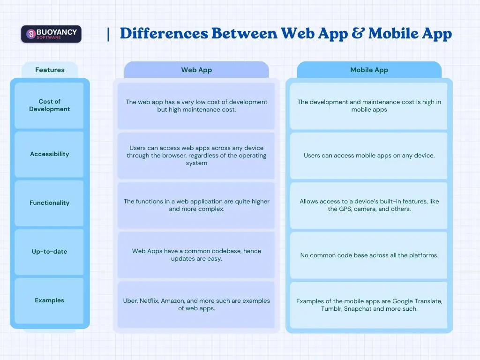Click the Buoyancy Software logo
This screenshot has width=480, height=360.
[51, 34]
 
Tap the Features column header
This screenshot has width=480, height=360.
[50, 70]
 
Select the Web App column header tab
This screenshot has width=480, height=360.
[196, 70]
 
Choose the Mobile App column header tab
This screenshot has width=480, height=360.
[369, 70]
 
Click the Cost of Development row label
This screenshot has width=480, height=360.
[49, 105]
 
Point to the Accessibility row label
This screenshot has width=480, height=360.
[49, 154]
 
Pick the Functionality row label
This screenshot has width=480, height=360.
[49, 203]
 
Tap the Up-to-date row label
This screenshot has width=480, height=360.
[49, 252]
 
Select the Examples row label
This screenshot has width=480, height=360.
[49, 300]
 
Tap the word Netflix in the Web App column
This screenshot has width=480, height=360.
[149, 301]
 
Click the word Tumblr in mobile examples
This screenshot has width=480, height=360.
[332, 309]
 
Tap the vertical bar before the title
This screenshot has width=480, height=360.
[109, 34]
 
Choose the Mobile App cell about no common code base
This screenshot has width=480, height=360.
[369, 255]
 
